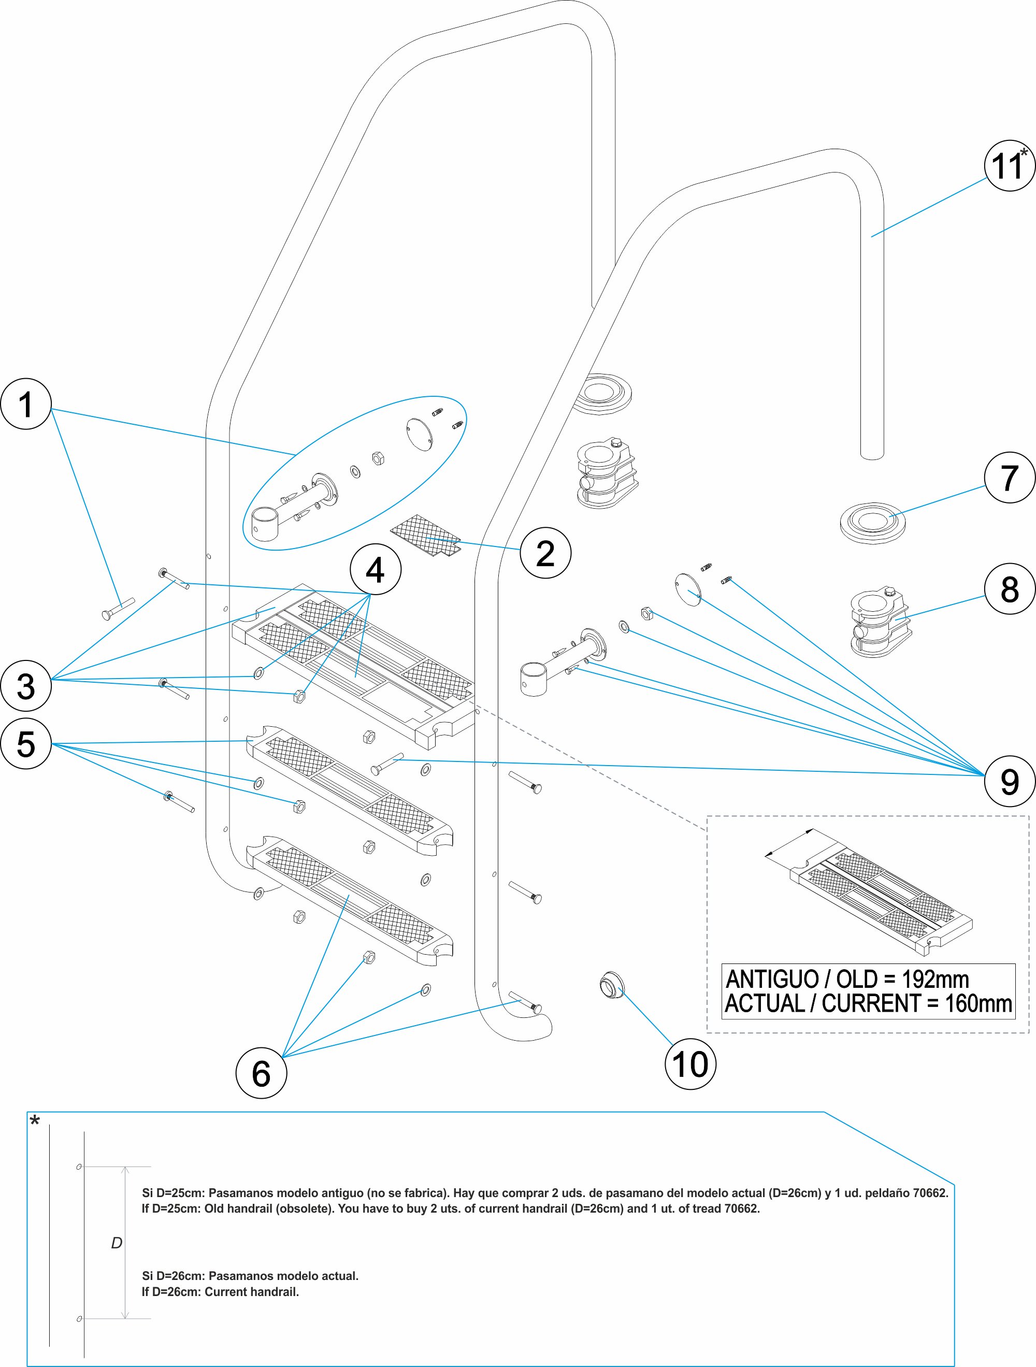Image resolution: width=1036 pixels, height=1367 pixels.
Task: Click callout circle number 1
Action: (25, 404)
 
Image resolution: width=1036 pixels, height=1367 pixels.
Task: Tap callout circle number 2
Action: (545, 553)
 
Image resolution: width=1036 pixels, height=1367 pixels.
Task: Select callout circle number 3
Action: (25, 685)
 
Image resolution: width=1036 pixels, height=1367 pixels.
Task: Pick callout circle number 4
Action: (375, 569)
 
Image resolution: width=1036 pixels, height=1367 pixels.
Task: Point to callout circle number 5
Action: (25, 743)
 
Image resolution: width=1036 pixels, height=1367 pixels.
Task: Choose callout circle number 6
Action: (261, 1073)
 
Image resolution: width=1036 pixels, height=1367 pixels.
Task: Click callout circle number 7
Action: (1010, 477)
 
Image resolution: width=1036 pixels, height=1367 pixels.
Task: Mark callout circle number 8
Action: (1010, 588)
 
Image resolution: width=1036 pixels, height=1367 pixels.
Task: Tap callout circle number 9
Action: (1010, 781)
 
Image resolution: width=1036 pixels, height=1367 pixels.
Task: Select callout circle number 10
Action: (690, 1064)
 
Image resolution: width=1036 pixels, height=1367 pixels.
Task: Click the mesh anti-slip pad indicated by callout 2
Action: (426, 535)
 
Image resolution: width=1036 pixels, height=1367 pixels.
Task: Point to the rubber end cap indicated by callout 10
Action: (612, 985)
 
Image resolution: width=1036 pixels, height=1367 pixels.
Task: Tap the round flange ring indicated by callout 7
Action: (872, 523)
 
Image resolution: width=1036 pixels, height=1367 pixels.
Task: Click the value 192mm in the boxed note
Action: (934, 980)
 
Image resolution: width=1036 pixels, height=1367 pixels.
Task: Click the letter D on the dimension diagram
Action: (116, 1243)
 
